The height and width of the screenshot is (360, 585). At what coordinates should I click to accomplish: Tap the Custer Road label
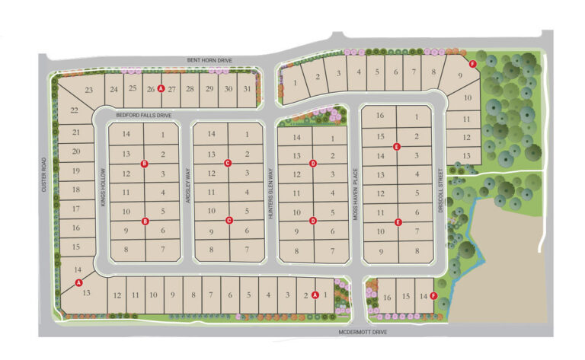(45, 174)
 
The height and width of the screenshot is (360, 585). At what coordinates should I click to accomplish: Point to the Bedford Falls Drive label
(144, 115)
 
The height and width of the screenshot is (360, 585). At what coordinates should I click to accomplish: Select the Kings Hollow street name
(101, 186)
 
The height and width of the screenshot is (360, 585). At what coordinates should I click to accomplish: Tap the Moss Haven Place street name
(354, 194)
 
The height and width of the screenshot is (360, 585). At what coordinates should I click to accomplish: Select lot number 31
(246, 89)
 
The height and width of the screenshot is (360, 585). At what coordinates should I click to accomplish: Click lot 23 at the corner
(89, 91)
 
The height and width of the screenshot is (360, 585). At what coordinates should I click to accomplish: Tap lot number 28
(189, 89)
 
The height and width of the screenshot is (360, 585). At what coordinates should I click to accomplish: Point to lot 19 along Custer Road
(76, 170)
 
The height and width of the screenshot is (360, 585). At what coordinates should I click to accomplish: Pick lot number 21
(76, 132)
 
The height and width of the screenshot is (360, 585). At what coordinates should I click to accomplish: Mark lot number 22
(75, 111)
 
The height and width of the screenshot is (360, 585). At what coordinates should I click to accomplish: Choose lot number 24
(113, 89)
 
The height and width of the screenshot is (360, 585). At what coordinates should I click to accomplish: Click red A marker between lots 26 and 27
(161, 89)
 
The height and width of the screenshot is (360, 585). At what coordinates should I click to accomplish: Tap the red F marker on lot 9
(473, 64)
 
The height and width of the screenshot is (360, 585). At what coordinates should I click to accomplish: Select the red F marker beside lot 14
(433, 295)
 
